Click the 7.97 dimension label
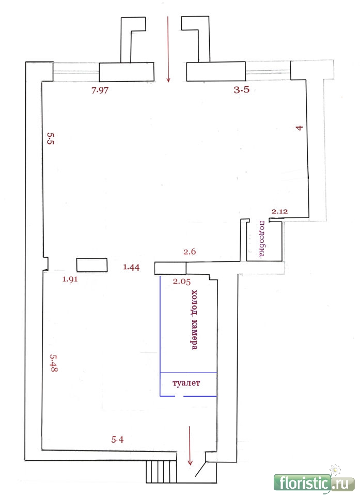[100, 90]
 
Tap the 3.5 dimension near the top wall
[242, 90]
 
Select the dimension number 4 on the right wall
[299, 128]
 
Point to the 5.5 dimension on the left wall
[51, 138]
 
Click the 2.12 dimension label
[279, 211]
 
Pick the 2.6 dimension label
[190, 252]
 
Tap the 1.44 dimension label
[131, 267]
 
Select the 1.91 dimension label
[70, 279]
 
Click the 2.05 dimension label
[182, 281]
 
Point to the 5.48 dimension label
[53, 363]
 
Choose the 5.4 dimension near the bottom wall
[117, 440]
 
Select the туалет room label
[186, 383]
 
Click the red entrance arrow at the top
[168, 49]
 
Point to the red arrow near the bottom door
[190, 446]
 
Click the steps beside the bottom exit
[161, 472]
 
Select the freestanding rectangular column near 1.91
[92, 265]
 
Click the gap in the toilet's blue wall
[179, 396]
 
